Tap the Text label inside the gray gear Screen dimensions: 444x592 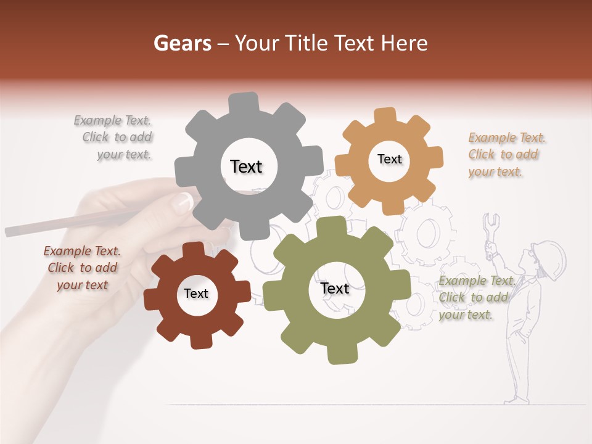(x=246, y=166)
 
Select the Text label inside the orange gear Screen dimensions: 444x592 (x=389, y=159)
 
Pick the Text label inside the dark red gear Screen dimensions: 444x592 (x=196, y=294)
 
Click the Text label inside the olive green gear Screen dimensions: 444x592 (x=335, y=288)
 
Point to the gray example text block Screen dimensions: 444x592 (x=113, y=138)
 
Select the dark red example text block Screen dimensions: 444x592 (x=83, y=268)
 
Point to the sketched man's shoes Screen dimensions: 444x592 (x=514, y=400)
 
